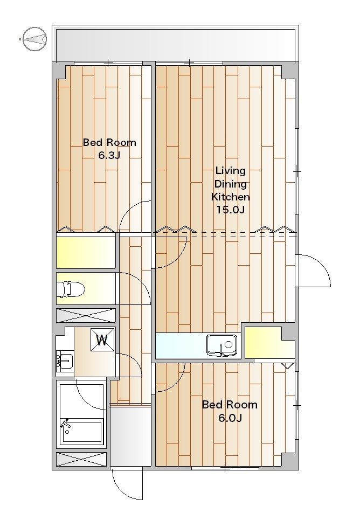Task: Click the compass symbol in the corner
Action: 34,39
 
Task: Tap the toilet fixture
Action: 71,289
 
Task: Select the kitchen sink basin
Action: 221,345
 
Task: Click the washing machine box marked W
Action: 102,340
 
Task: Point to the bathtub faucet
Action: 65,425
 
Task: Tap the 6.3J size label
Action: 109,155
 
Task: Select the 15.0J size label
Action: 230,210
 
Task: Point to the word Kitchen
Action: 231,197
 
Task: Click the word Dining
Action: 231,184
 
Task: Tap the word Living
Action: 230,171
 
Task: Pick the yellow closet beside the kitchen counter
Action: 266,342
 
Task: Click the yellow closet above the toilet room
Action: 86,252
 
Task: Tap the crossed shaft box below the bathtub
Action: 81,459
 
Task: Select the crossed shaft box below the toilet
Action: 86,316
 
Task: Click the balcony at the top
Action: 175,44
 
